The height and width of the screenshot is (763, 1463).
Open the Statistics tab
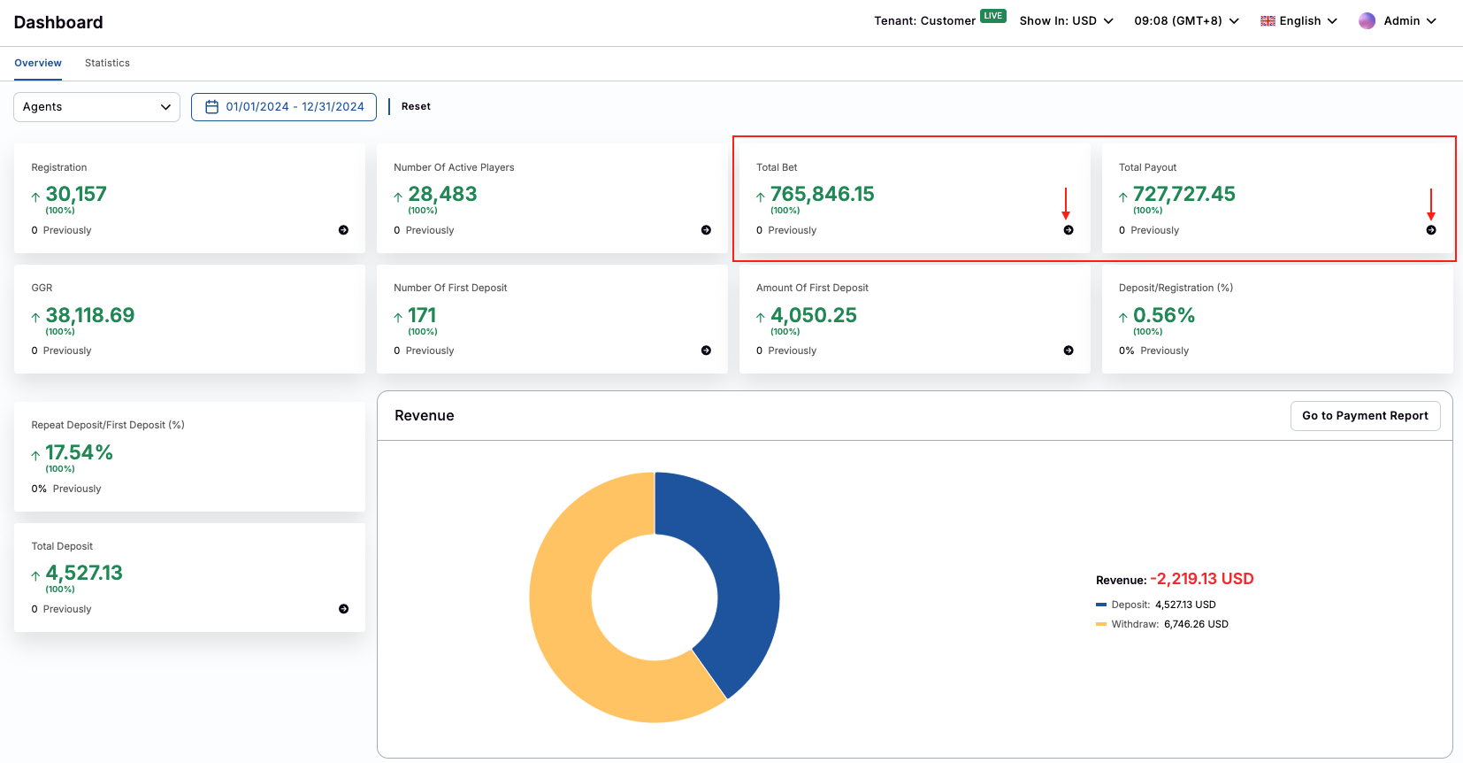(107, 63)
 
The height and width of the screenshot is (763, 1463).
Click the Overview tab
(38, 63)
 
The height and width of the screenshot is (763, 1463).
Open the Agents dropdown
(96, 107)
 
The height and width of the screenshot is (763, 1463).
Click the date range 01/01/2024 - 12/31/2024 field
(284, 107)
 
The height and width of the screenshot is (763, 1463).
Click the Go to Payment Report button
(1365, 416)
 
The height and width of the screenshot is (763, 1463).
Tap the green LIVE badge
(993, 16)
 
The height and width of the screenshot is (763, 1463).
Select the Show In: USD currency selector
(1066, 21)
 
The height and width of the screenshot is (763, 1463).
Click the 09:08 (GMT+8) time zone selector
(1186, 21)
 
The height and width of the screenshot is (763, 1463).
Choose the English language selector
(1298, 21)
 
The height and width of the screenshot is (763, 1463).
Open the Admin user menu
(1398, 21)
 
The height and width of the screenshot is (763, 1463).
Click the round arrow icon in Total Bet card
(1069, 230)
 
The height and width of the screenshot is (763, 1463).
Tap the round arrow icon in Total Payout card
(1431, 230)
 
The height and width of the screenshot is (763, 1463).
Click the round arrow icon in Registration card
(343, 230)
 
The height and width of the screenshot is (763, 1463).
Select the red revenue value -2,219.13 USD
(1201, 579)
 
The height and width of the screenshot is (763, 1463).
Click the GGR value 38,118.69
(89, 316)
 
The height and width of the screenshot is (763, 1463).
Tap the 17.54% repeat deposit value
(79, 453)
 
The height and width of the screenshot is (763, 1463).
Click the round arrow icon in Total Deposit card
(343, 609)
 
